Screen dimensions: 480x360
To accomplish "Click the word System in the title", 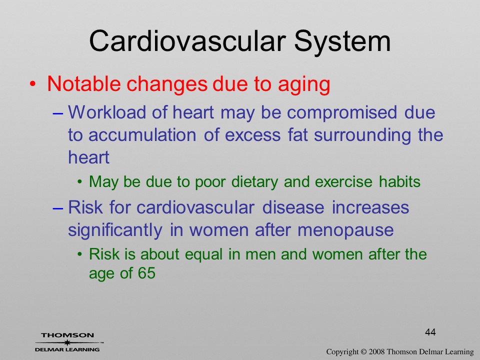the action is click(x=342, y=41).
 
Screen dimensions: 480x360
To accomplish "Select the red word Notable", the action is click(x=84, y=83).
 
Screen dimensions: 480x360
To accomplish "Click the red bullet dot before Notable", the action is click(x=33, y=84).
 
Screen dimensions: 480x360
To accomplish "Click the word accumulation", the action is click(x=142, y=135).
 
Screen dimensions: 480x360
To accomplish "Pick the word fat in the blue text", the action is click(x=297, y=135).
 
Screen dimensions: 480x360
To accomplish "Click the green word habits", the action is click(x=399, y=182).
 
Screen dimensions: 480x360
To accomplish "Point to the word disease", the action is click(x=293, y=207).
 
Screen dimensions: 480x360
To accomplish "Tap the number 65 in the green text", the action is click(x=146, y=273).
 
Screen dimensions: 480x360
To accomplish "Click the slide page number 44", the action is click(x=430, y=332).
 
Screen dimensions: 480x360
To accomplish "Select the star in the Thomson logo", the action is click(x=66, y=342).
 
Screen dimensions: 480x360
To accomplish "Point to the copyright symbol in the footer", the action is click(x=363, y=351).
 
